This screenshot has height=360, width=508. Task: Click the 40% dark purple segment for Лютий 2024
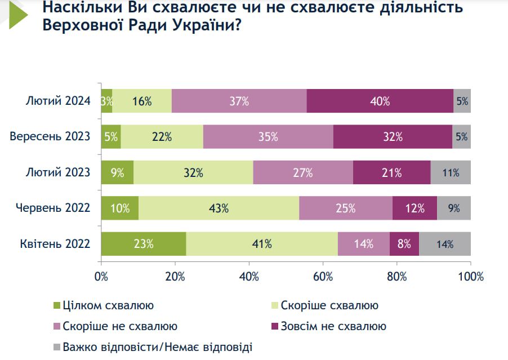tap(380, 101)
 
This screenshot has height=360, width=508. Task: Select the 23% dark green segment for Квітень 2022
tap(144, 244)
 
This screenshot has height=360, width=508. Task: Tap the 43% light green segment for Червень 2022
tap(219, 208)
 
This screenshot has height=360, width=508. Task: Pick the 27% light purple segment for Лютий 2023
tap(303, 172)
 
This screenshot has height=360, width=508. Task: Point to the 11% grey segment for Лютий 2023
tap(451, 172)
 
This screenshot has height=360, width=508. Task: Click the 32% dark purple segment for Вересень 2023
tap(393, 137)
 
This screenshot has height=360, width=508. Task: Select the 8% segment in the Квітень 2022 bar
tap(404, 244)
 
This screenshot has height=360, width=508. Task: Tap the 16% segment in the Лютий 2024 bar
tap(142, 101)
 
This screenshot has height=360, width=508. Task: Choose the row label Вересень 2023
tap(50, 137)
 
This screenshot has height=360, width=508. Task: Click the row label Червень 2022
tap(53, 208)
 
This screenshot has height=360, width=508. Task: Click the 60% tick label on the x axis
tap(323, 277)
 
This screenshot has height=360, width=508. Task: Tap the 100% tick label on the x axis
tap(471, 277)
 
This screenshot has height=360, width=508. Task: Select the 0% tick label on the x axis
tap(101, 277)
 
